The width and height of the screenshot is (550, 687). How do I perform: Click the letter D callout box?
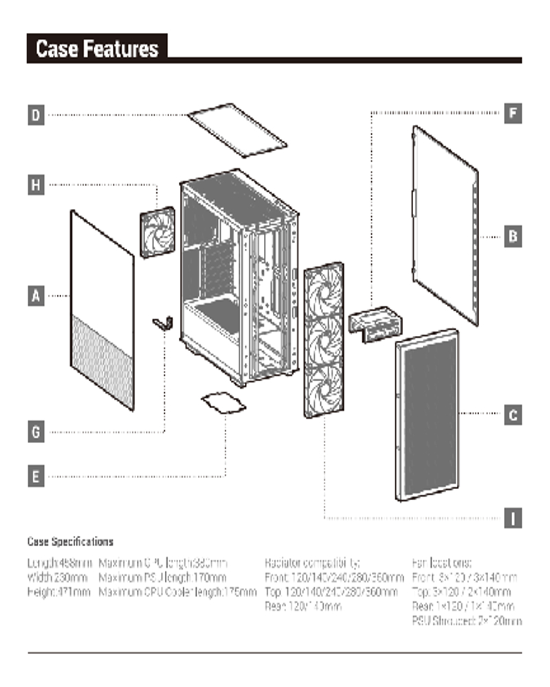(36, 114)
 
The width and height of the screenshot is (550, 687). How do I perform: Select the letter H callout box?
(36, 184)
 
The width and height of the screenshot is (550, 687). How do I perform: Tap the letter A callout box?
(36, 296)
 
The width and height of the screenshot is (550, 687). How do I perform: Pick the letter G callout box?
(36, 432)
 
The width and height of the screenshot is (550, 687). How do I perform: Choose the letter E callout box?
(36, 475)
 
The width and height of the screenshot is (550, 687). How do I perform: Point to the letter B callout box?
(513, 237)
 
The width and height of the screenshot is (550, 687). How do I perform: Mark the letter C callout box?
(513, 415)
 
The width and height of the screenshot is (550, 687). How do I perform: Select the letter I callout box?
(513, 517)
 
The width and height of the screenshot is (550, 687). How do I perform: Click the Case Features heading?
(97, 49)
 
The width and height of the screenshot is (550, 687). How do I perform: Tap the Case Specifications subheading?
(70, 541)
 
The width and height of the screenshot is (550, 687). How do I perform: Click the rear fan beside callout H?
(157, 232)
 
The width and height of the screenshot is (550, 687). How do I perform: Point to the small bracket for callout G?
(163, 322)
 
